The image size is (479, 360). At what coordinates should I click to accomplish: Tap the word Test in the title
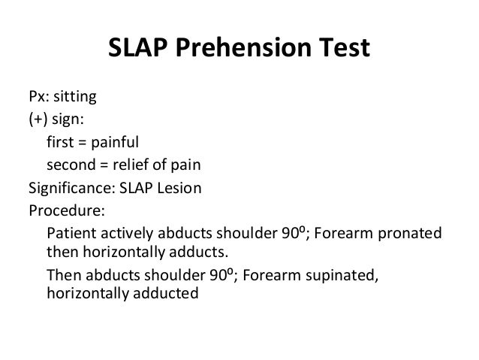click(x=342, y=50)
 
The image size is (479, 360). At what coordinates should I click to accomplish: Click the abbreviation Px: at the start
click(x=39, y=97)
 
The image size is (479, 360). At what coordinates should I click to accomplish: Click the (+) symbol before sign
click(x=40, y=119)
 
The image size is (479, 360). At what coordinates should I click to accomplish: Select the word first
click(x=60, y=141)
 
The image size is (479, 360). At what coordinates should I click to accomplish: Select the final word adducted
click(x=165, y=293)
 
